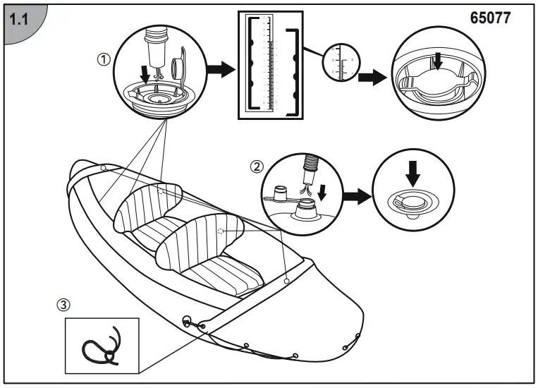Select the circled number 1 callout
point(104,60)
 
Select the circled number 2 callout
point(257,167)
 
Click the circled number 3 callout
point(63,305)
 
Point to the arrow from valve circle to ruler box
point(219,71)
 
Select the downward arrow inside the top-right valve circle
point(437,63)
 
